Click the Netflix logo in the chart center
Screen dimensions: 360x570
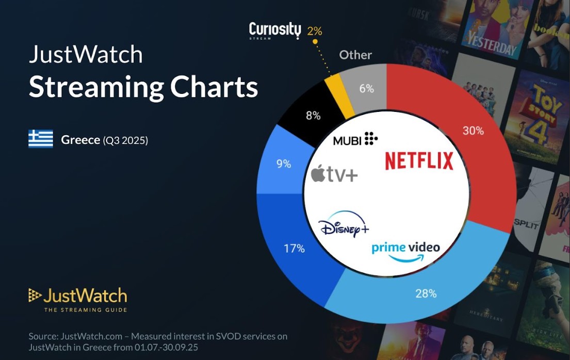(x=419, y=161)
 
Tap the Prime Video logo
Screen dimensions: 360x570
(x=405, y=251)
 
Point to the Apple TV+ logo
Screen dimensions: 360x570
(x=334, y=174)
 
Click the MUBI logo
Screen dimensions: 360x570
(x=355, y=139)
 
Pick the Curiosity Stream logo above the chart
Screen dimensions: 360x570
(x=274, y=30)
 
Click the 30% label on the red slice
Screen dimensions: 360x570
(x=473, y=131)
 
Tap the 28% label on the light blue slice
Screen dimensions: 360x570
(x=426, y=293)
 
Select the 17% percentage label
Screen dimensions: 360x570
(x=294, y=249)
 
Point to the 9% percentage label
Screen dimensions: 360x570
(x=284, y=164)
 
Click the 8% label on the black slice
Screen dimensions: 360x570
(x=313, y=116)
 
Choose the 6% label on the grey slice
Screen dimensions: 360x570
(x=366, y=89)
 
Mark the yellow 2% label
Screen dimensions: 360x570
(x=314, y=31)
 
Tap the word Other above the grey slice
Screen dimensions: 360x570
(x=355, y=55)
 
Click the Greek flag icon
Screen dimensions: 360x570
(x=41, y=139)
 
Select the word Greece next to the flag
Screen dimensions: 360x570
(x=80, y=140)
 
